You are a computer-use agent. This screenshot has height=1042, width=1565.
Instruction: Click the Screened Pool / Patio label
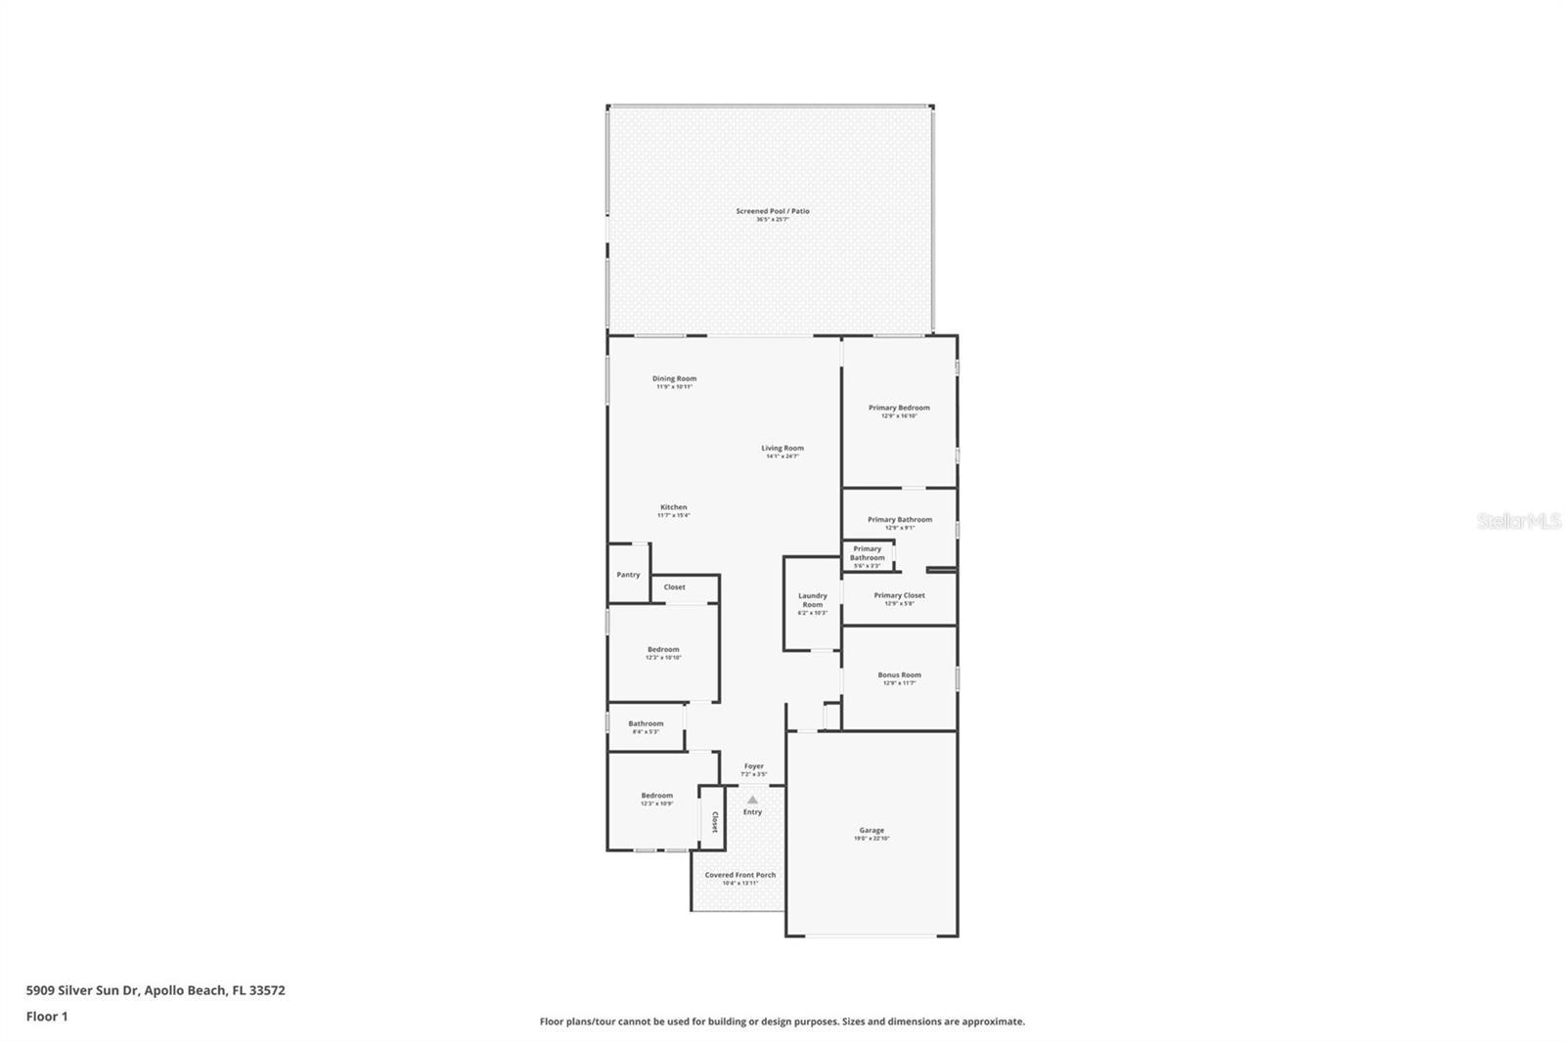[773, 212]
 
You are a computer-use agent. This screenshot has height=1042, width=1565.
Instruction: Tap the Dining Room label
[674, 379]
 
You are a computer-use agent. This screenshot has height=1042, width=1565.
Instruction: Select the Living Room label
[782, 449]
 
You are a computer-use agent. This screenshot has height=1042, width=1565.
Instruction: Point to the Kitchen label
[673, 508]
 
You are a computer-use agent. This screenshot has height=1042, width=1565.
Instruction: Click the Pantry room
[628, 575]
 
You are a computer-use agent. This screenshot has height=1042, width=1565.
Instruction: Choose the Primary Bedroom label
[899, 409]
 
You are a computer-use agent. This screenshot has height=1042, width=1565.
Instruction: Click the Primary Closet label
[899, 596]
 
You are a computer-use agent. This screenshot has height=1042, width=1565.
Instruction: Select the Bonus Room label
[899, 675]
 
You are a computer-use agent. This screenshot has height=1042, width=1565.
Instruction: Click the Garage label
[872, 831]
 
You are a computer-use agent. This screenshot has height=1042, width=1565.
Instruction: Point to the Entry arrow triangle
[752, 800]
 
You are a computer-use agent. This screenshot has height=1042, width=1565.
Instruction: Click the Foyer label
[753, 767]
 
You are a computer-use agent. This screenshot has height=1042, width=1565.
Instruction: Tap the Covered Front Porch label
[740, 876]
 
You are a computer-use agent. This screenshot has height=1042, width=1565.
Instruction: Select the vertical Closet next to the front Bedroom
[714, 821]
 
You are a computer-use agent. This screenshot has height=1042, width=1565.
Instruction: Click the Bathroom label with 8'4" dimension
[646, 724]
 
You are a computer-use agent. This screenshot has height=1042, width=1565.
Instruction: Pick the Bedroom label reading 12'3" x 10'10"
[663, 650]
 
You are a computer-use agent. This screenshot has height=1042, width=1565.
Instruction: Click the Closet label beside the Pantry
[675, 587]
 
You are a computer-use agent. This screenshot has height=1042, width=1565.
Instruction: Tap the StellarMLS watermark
[1518, 522]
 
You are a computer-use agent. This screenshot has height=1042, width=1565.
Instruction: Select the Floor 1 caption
[47, 1017]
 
